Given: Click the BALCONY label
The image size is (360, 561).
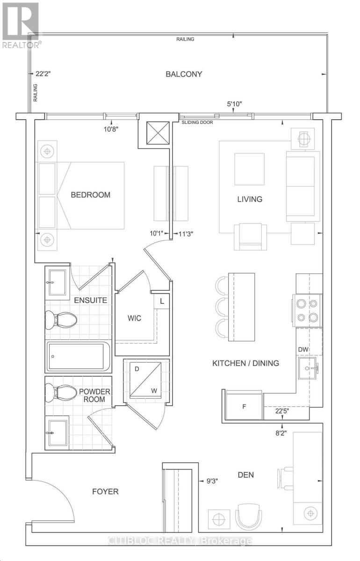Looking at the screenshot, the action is click(184, 74).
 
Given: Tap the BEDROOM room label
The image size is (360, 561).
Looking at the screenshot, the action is click(90, 194).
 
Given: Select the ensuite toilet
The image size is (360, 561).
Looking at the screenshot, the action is click(61, 320).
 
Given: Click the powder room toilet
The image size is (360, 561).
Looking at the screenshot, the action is click(61, 393).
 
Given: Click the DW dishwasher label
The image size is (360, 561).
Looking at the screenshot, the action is click(303, 349).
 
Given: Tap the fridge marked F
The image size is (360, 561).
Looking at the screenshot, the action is click(244, 406).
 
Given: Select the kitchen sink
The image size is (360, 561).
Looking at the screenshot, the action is click(308, 368).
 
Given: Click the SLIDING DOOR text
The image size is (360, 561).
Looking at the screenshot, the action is click(197, 122).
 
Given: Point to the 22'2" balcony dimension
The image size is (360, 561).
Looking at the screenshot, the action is click(43, 74).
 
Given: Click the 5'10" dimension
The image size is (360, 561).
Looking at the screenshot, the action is click(235, 104).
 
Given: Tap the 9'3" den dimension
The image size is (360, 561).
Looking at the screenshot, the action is click(212, 481).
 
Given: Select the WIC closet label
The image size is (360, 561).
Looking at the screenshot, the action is click(134, 318).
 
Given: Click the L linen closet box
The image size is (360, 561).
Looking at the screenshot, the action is click(162, 301).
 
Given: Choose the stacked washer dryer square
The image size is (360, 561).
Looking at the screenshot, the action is click(145, 380).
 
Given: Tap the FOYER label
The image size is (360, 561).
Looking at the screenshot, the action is click(105, 491).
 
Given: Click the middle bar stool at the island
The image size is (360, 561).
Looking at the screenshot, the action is click(222, 308).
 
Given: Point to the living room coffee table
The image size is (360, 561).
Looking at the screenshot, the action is click(249, 169).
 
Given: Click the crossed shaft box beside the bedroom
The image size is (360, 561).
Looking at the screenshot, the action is click(158, 133).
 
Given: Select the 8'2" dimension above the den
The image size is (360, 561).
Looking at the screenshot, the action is click(281, 433).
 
